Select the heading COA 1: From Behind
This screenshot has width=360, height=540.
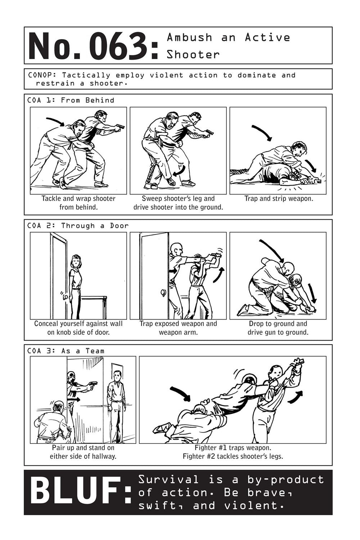[x=71, y=100]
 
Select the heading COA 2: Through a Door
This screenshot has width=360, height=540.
[x=78, y=226]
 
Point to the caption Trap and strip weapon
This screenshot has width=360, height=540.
[x=279, y=198]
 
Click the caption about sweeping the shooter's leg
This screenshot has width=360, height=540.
[x=178, y=203]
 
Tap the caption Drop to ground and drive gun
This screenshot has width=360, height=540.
[x=278, y=328]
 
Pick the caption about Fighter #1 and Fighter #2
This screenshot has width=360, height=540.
[x=233, y=452]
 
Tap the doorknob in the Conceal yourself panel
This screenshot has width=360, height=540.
[x=66, y=298]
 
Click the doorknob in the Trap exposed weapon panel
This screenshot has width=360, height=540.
[x=164, y=293]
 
